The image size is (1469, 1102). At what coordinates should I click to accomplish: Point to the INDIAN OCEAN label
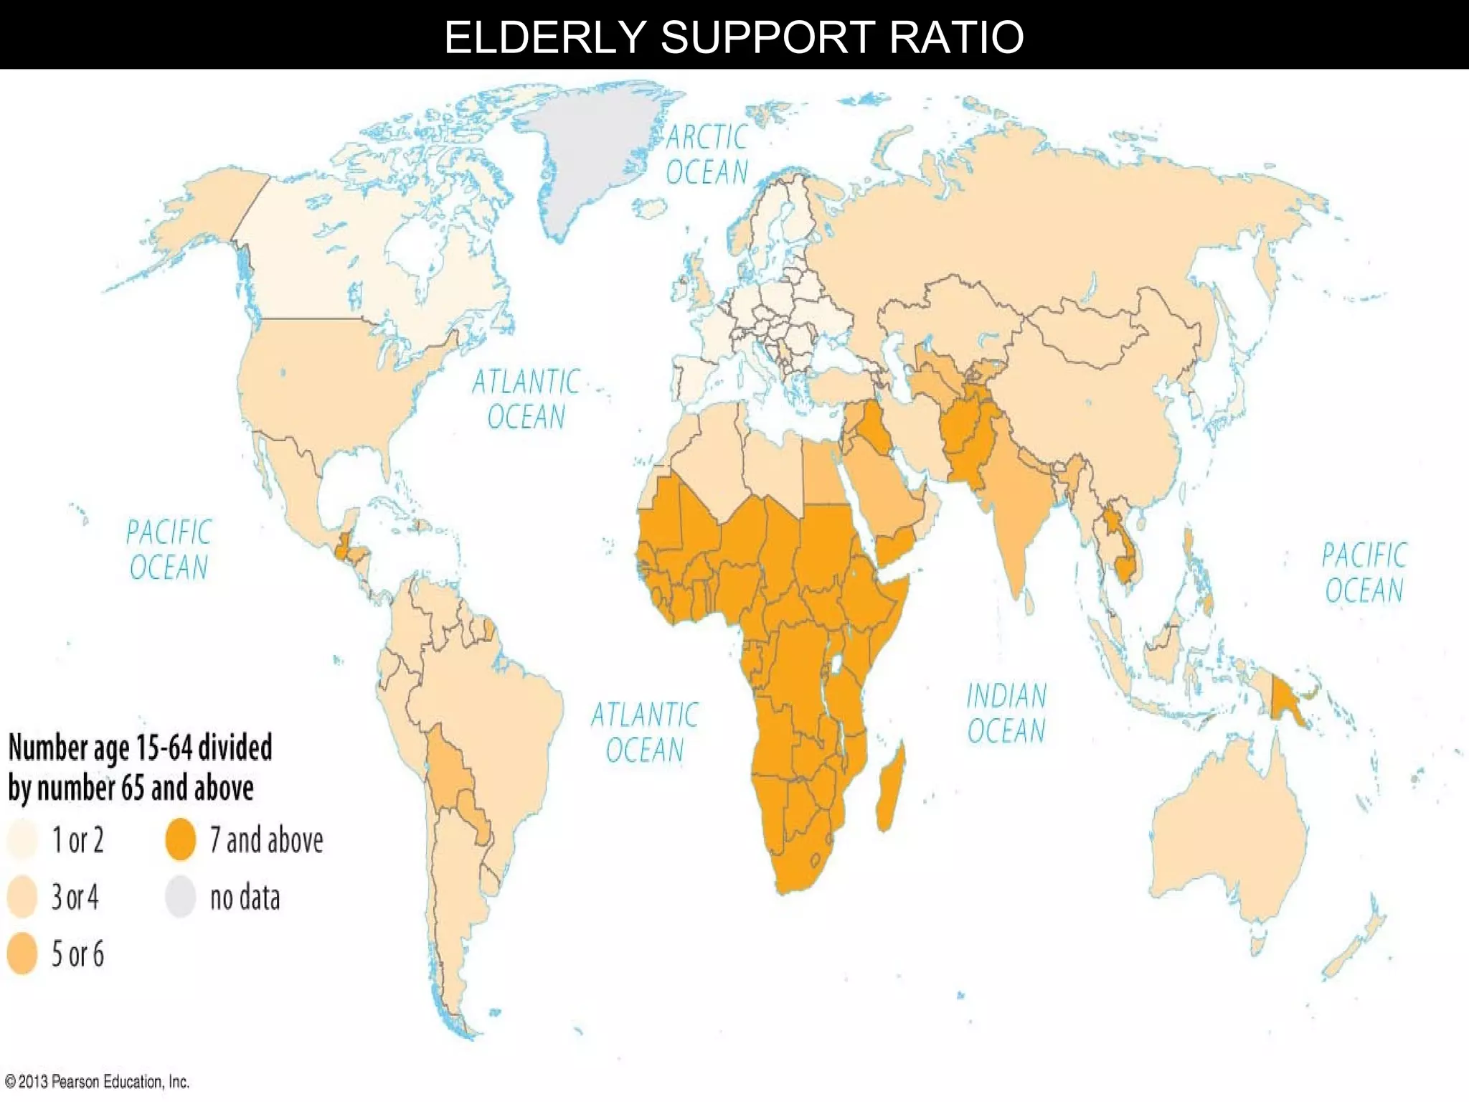click(x=1006, y=713)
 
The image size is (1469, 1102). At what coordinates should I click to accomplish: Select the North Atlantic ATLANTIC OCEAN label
click(x=526, y=399)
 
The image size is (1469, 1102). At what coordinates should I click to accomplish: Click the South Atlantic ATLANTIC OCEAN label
click(x=644, y=733)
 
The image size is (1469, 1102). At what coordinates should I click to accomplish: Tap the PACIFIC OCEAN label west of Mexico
click(x=169, y=550)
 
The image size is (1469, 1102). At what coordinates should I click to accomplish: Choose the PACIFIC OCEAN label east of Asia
click(x=1364, y=573)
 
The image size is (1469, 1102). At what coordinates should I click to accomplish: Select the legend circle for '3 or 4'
click(x=22, y=897)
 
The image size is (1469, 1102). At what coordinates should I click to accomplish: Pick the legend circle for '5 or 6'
click(x=22, y=953)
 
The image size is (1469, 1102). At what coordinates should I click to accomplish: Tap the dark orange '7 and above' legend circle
click(x=181, y=839)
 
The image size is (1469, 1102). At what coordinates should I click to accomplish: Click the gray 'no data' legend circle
click(x=181, y=897)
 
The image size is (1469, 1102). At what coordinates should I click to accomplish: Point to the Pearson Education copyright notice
click(x=97, y=1081)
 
